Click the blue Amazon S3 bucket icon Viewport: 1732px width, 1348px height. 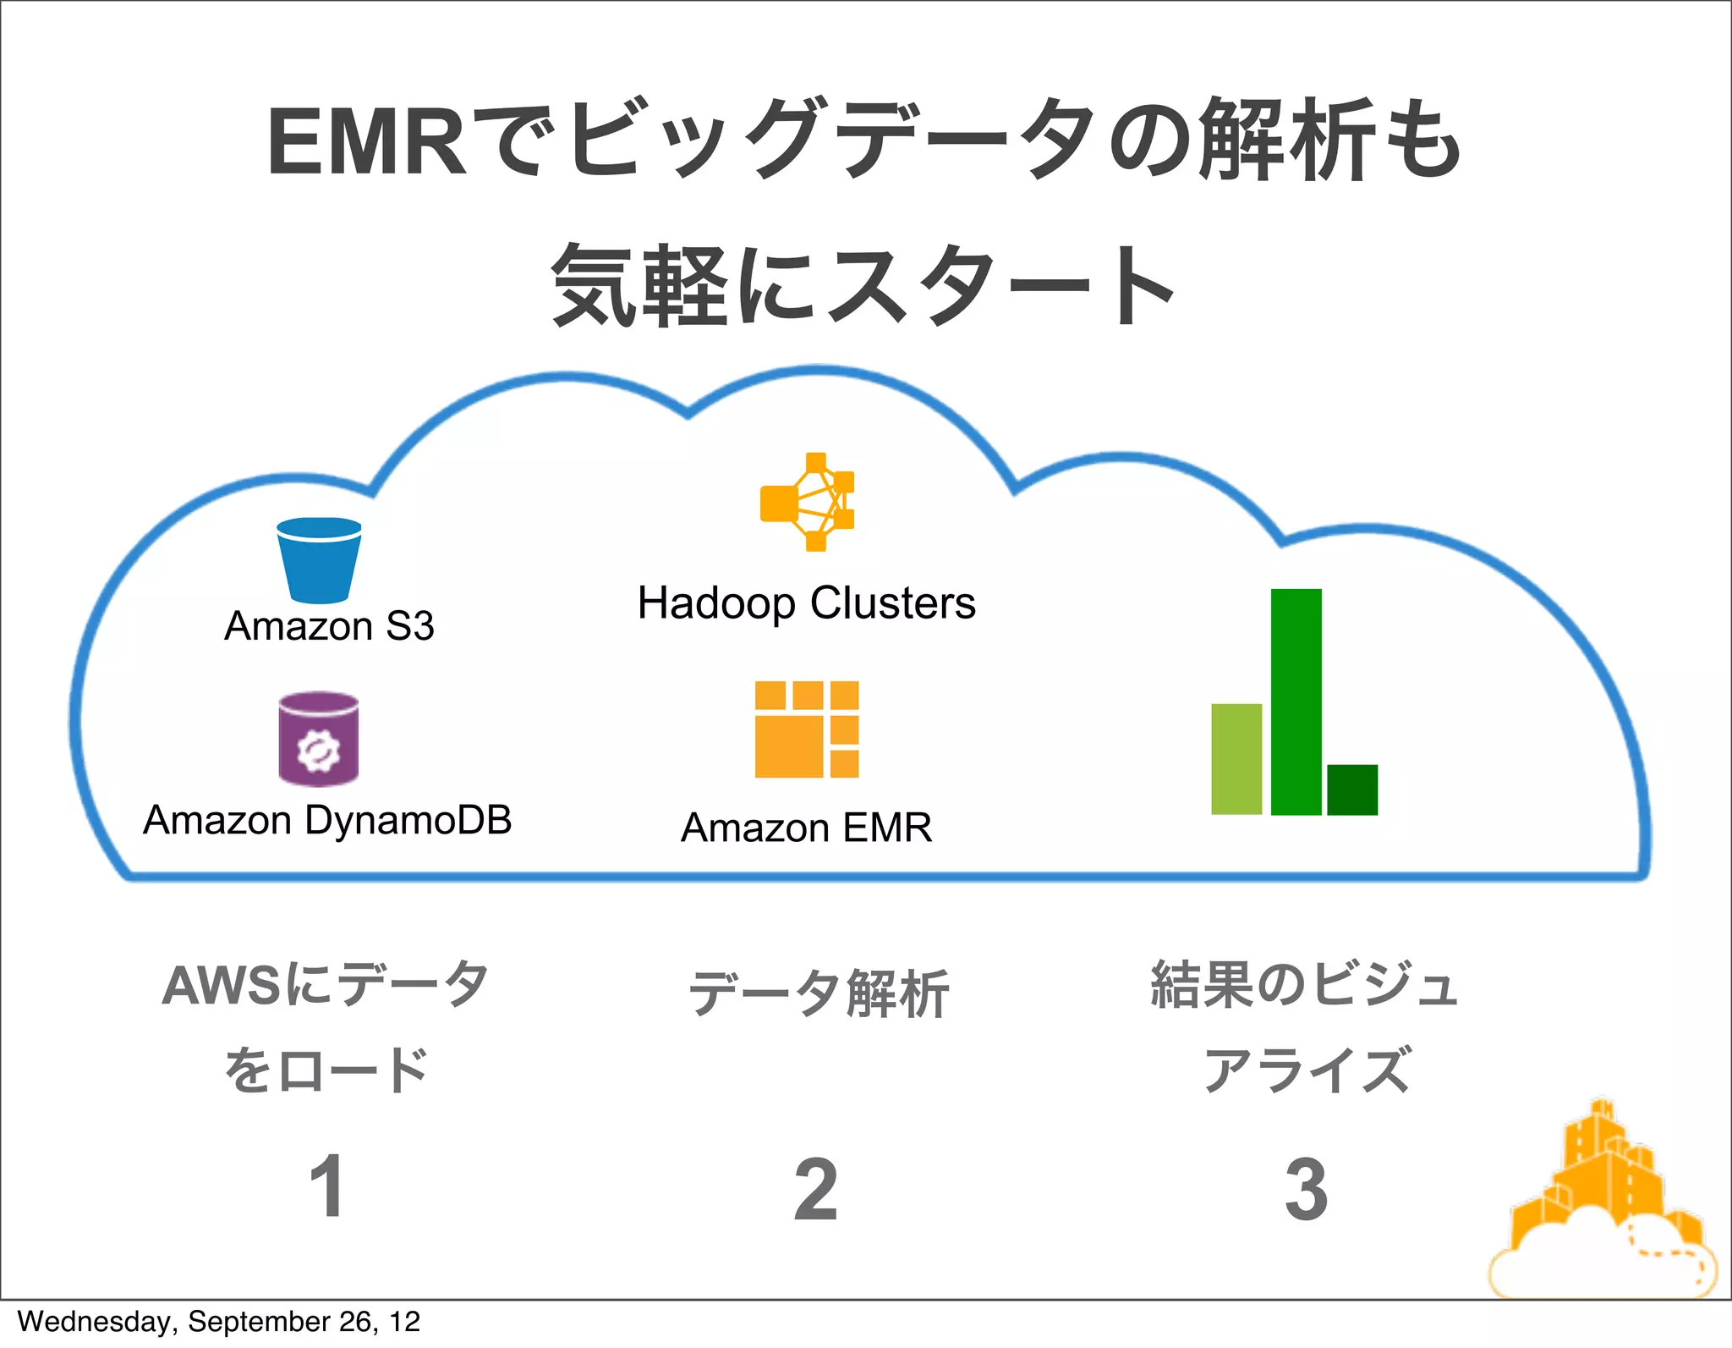pyautogui.click(x=319, y=559)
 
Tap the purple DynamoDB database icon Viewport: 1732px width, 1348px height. pyautogui.click(x=319, y=739)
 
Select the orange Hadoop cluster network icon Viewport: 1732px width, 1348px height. pyautogui.click(x=808, y=502)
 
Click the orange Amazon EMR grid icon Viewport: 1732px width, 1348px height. pyautogui.click(x=807, y=729)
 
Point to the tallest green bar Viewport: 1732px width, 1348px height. pyautogui.click(x=1296, y=702)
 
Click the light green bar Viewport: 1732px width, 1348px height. pyautogui.click(x=1236, y=759)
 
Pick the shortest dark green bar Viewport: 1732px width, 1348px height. pyautogui.click(x=1352, y=790)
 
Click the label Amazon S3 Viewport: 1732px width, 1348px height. pyautogui.click(x=329, y=627)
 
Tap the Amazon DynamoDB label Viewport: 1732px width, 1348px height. pyautogui.click(x=327, y=820)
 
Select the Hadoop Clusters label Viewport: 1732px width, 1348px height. pyautogui.click(x=807, y=603)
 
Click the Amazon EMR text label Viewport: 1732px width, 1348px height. pyautogui.click(x=807, y=828)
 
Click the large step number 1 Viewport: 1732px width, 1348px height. pyautogui.click(x=327, y=1187)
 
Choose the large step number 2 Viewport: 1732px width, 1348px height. pyautogui.click(x=816, y=1190)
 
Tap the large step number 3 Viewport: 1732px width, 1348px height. pyautogui.click(x=1306, y=1190)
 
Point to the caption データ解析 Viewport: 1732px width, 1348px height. pyautogui.click(x=819, y=993)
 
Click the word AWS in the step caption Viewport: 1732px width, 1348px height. pyautogui.click(x=222, y=986)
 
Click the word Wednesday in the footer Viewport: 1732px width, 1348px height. pyautogui.click(x=93, y=1322)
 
